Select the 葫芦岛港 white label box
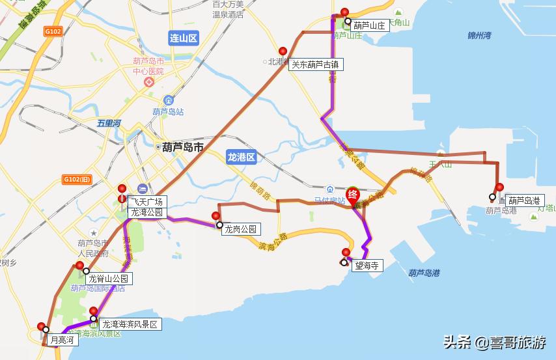pyautogui.click(x=524, y=201)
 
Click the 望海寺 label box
pyautogui.click(x=367, y=266)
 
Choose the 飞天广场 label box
pyautogui.click(x=146, y=202)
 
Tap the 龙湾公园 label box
pyautogui.click(x=146, y=212)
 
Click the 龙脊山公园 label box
pyautogui.click(x=110, y=279)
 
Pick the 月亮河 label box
pyautogui.click(x=63, y=340)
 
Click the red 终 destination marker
pyautogui.click(x=353, y=194)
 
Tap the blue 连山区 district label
pyautogui.click(x=183, y=38)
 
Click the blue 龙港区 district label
pyautogui.click(x=242, y=157)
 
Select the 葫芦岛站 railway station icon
pyautogui.click(x=169, y=101)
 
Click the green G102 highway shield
pyautogui.click(x=53, y=31)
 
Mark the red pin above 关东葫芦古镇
pyautogui.click(x=283, y=51)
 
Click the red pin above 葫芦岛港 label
pyautogui.click(x=499, y=188)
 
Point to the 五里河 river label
pyautogui.click(x=109, y=122)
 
